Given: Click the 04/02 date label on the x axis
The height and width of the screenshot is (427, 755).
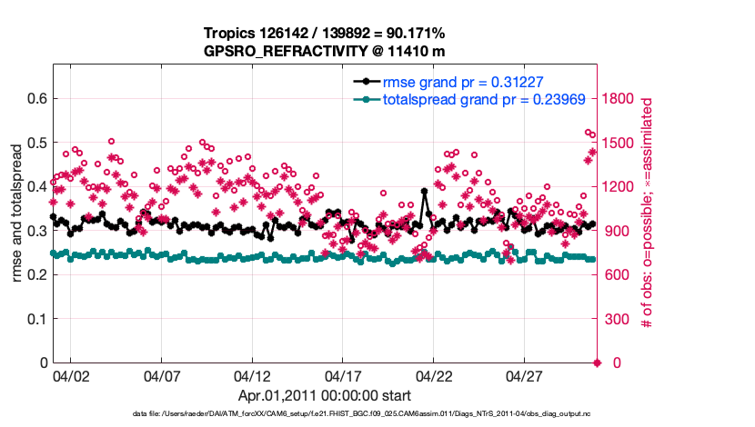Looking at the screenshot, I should point(70,374).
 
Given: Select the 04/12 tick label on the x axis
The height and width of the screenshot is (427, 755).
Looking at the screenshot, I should point(252,374).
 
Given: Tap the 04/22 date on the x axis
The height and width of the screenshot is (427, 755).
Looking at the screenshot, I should point(434,374).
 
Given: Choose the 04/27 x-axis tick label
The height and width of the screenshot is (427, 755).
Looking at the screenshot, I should point(525,374).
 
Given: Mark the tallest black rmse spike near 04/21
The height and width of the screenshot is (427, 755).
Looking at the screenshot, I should point(424,192).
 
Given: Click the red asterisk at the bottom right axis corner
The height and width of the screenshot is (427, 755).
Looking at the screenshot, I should point(597,363).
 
